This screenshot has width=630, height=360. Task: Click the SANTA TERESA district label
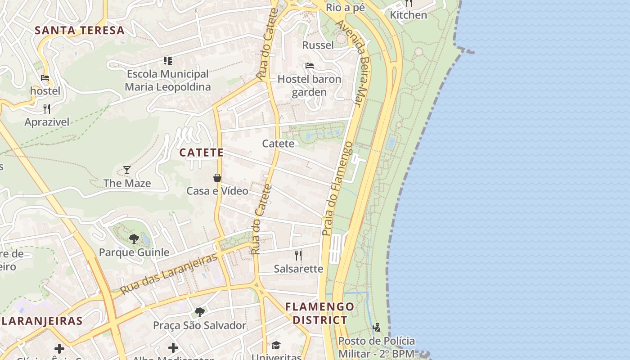pos(79,31)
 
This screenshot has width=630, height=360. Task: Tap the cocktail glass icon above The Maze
pos(127,170)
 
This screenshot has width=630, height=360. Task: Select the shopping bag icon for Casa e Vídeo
pos(217,178)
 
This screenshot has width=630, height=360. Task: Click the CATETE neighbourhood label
pos(202,153)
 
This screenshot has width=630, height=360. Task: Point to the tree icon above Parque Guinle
pos(134,238)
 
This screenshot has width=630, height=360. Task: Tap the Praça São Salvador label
pos(199,325)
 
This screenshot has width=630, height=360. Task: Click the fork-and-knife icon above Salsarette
pos(298,256)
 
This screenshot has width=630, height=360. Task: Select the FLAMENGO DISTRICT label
pos(319,313)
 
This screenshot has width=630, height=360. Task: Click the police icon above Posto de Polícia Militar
pos(376,327)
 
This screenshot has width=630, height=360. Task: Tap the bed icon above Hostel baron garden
pos(309,66)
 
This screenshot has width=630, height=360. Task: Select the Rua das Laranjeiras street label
pos(169,274)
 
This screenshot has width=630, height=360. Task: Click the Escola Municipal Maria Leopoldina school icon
pos(168,60)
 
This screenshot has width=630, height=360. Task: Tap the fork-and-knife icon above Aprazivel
pos(47,108)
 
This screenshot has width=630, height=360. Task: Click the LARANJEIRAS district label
pos(42,321)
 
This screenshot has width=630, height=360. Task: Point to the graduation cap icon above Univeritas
pos(276,345)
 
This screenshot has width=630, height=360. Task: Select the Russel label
pos(318,45)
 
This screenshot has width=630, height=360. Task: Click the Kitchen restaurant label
pos(408,15)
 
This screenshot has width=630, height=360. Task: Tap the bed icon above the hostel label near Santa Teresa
pos(45,78)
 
